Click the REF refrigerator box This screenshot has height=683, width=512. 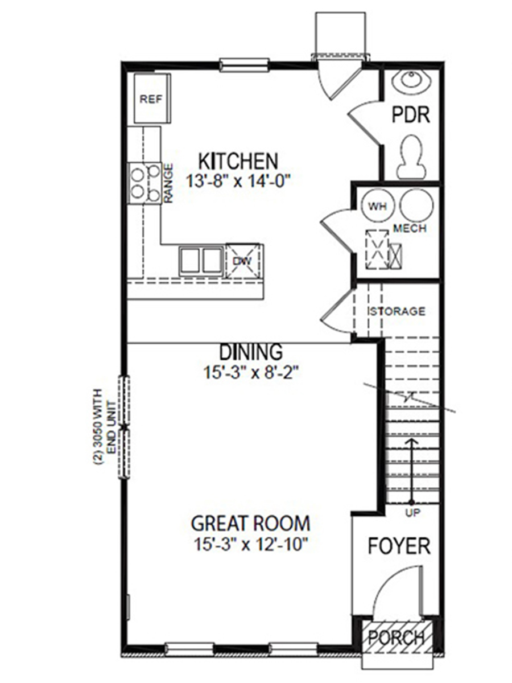point(151,98)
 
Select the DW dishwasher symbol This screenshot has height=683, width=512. point(242,260)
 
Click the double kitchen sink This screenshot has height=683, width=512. point(201,261)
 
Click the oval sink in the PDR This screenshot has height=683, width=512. point(412,81)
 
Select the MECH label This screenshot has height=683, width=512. point(410,229)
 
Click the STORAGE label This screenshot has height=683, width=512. point(397,311)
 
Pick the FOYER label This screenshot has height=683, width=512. point(399,546)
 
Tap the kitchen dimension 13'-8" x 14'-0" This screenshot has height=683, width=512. point(238,182)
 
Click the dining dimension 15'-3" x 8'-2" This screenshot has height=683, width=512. point(251,373)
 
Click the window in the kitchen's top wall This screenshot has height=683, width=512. point(244,65)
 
